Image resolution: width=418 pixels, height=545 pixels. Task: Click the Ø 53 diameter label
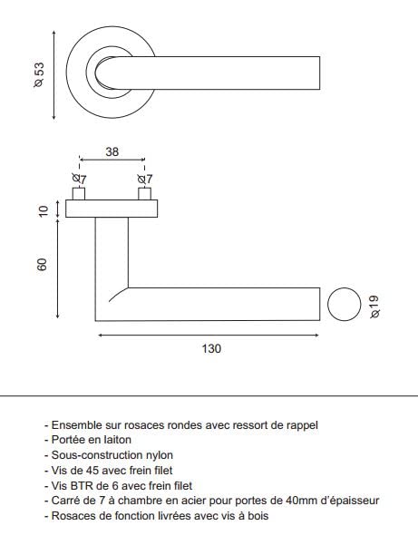tap(39, 74)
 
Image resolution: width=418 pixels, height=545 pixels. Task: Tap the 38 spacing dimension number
tap(112, 151)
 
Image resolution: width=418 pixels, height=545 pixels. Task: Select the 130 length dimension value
tap(211, 348)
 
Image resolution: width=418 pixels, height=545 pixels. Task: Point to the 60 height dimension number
tap(42, 265)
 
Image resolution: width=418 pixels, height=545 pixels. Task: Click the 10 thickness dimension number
tap(44, 211)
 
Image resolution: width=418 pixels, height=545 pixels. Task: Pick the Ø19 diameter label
tap(374, 307)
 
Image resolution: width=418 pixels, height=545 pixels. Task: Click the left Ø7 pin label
tap(79, 179)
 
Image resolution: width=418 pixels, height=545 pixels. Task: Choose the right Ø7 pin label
tap(145, 179)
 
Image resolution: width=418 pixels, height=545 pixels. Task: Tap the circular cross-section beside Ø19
tap(345, 304)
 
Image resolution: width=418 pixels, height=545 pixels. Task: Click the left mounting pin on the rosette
tap(79, 194)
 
